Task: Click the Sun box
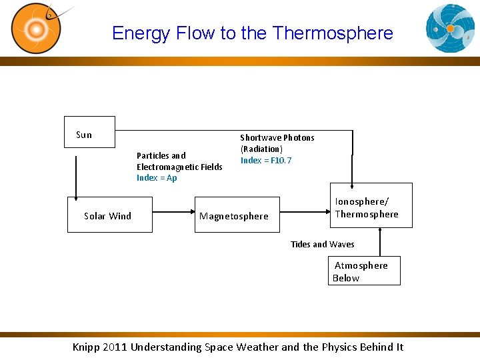89,132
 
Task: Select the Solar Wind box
110,215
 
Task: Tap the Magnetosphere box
237,215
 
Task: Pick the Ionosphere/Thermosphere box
371,205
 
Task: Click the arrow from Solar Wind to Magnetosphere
173,215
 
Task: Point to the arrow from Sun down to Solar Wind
76,177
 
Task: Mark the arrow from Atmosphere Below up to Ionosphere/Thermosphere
380,242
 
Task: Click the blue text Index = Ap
157,178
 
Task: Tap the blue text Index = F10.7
266,161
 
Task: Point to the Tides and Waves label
323,245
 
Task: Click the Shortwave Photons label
277,138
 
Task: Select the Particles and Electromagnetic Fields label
179,161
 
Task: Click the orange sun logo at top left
36,28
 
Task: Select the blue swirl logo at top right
450,28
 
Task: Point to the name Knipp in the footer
87,347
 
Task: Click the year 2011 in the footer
116,347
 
